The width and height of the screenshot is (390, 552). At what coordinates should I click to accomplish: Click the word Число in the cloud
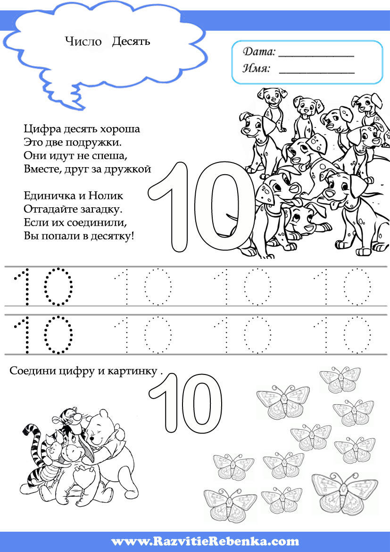83,42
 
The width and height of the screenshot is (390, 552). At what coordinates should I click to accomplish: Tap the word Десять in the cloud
131,42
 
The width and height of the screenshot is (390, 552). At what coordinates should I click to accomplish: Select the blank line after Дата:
316,56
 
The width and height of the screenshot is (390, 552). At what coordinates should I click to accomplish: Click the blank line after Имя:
316,73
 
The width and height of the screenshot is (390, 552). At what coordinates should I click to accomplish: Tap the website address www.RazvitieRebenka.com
205,541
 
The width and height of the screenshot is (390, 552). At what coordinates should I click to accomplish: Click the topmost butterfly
340,380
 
